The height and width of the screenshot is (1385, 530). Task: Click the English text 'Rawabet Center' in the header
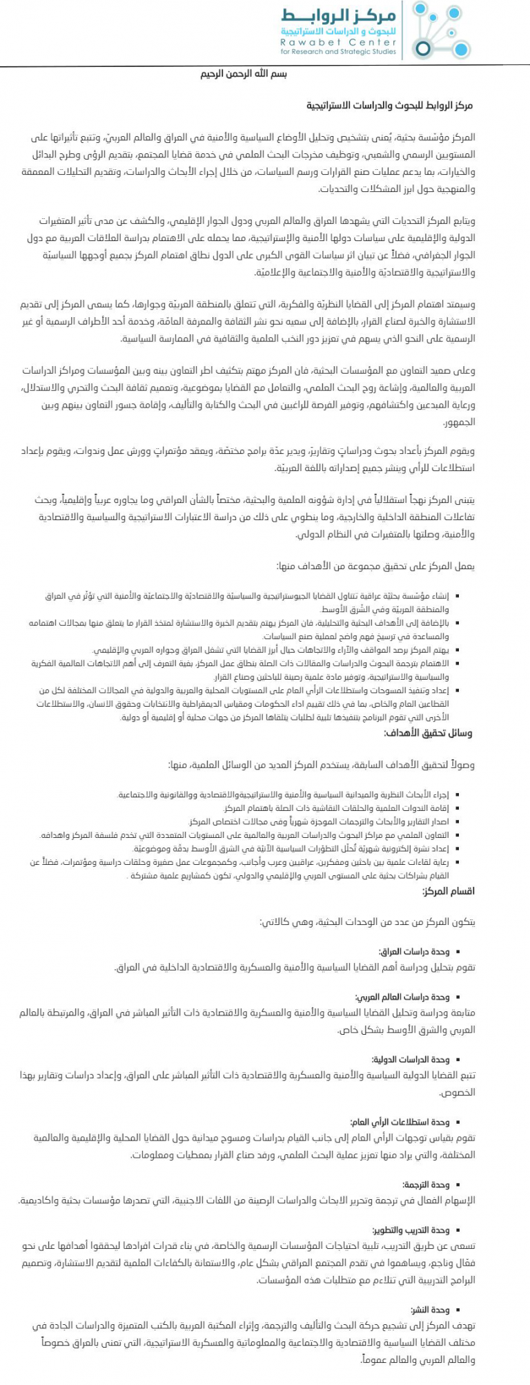click(x=339, y=42)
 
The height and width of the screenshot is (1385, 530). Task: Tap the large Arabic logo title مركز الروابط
click(x=339, y=15)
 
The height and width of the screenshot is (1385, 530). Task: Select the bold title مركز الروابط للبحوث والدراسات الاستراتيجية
click(x=390, y=106)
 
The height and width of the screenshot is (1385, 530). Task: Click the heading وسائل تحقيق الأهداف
click(x=428, y=733)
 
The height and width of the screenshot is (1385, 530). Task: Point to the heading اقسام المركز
click(x=449, y=891)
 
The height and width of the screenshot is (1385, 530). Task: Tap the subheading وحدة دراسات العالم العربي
click(x=402, y=997)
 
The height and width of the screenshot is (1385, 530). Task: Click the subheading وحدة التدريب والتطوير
click(x=411, y=1230)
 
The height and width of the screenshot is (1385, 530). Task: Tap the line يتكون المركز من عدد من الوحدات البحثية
click(x=368, y=922)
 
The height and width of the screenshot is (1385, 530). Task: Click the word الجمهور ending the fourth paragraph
click(x=459, y=421)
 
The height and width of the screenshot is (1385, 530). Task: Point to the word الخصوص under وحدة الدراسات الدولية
click(x=458, y=1092)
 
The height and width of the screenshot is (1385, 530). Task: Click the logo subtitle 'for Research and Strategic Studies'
click(x=339, y=51)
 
